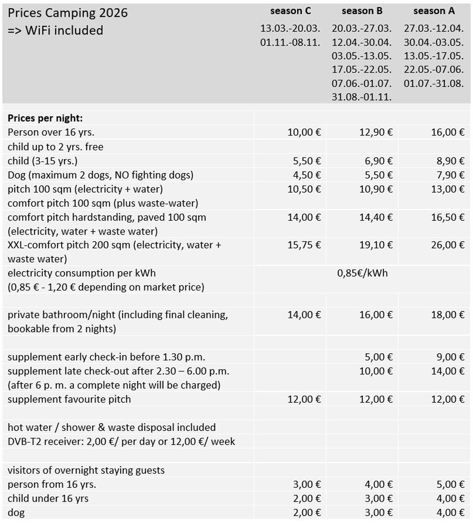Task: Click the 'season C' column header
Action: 291,11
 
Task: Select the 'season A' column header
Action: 434,11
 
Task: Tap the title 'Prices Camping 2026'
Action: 67,12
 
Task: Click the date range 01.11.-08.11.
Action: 290,43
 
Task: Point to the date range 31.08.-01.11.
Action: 362,97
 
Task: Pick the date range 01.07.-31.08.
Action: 434,84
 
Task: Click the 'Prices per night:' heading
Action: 45,118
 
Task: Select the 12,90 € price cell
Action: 376,133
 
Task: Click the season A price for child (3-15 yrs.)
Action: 448,161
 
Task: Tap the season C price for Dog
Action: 304,175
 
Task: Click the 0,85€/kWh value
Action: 362,273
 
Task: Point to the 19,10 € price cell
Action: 376,245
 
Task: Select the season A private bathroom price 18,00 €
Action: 448,315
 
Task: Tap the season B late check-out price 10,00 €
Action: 376,371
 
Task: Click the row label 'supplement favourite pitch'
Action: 69,399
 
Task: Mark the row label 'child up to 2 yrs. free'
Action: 55,147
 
